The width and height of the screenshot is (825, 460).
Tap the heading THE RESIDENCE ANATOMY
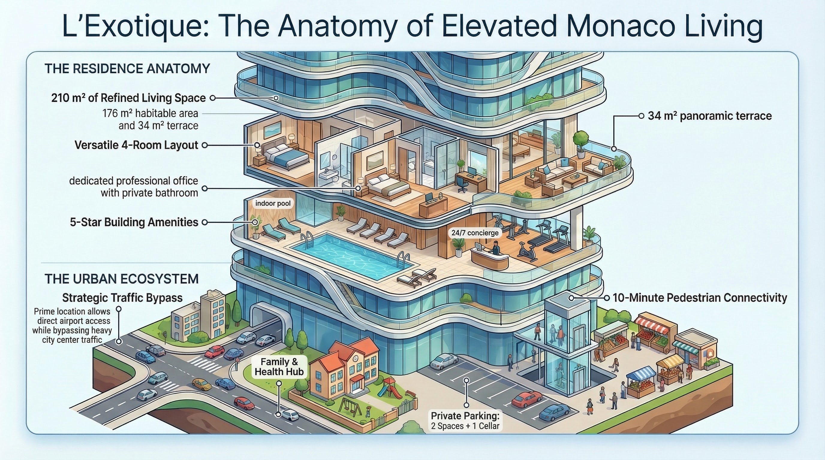pyautogui.click(x=127, y=69)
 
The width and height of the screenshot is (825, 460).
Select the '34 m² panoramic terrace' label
pyautogui.click(x=709, y=116)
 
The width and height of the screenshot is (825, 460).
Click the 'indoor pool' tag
pyautogui.click(x=273, y=203)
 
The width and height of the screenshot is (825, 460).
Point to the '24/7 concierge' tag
pyautogui.click(x=475, y=233)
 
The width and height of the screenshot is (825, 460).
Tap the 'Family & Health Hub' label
pyautogui.click(x=279, y=367)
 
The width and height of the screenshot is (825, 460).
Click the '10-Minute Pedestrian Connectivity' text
pyautogui.click(x=699, y=298)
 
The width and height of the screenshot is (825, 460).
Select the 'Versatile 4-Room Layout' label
pyautogui.click(x=136, y=145)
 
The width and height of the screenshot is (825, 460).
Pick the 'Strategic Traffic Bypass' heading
pyautogui.click(x=122, y=298)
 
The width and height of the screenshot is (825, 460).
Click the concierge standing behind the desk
pyautogui.click(x=495, y=248)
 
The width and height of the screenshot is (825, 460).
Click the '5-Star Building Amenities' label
pyautogui.click(x=134, y=222)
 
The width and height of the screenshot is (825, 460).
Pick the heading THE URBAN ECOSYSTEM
pyautogui.click(x=121, y=279)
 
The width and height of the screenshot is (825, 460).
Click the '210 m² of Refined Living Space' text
pyautogui.click(x=128, y=98)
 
